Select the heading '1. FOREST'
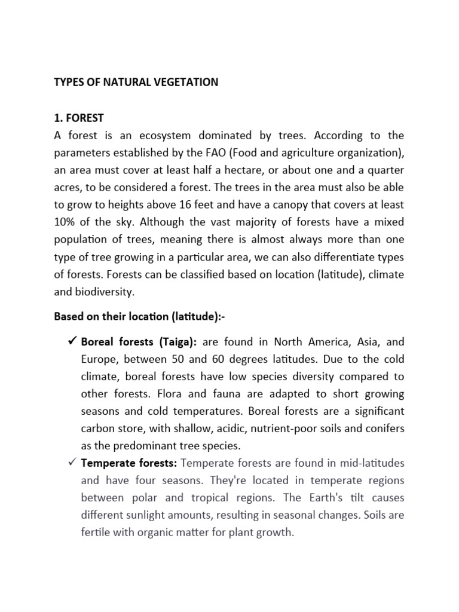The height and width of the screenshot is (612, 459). [x=79, y=118]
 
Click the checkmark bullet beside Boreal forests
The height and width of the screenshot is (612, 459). [x=69, y=342]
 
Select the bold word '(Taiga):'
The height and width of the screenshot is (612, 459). [x=178, y=342]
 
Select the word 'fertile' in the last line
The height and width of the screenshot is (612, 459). [x=96, y=533]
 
